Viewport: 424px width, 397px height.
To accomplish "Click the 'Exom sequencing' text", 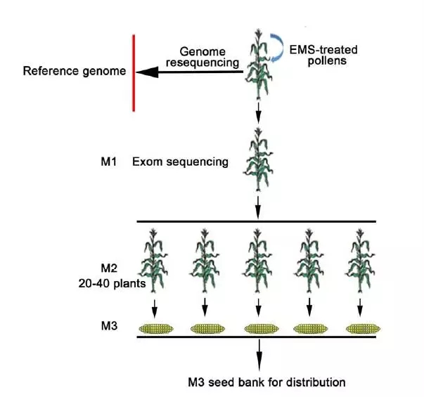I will coord(180,162).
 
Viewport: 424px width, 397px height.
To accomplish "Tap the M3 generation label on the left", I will coord(110,327).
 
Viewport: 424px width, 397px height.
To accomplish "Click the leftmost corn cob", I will coord(158,328).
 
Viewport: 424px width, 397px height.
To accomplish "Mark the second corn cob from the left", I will coord(210,328).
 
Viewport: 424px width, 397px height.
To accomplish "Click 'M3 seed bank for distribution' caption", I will coord(266,383).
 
